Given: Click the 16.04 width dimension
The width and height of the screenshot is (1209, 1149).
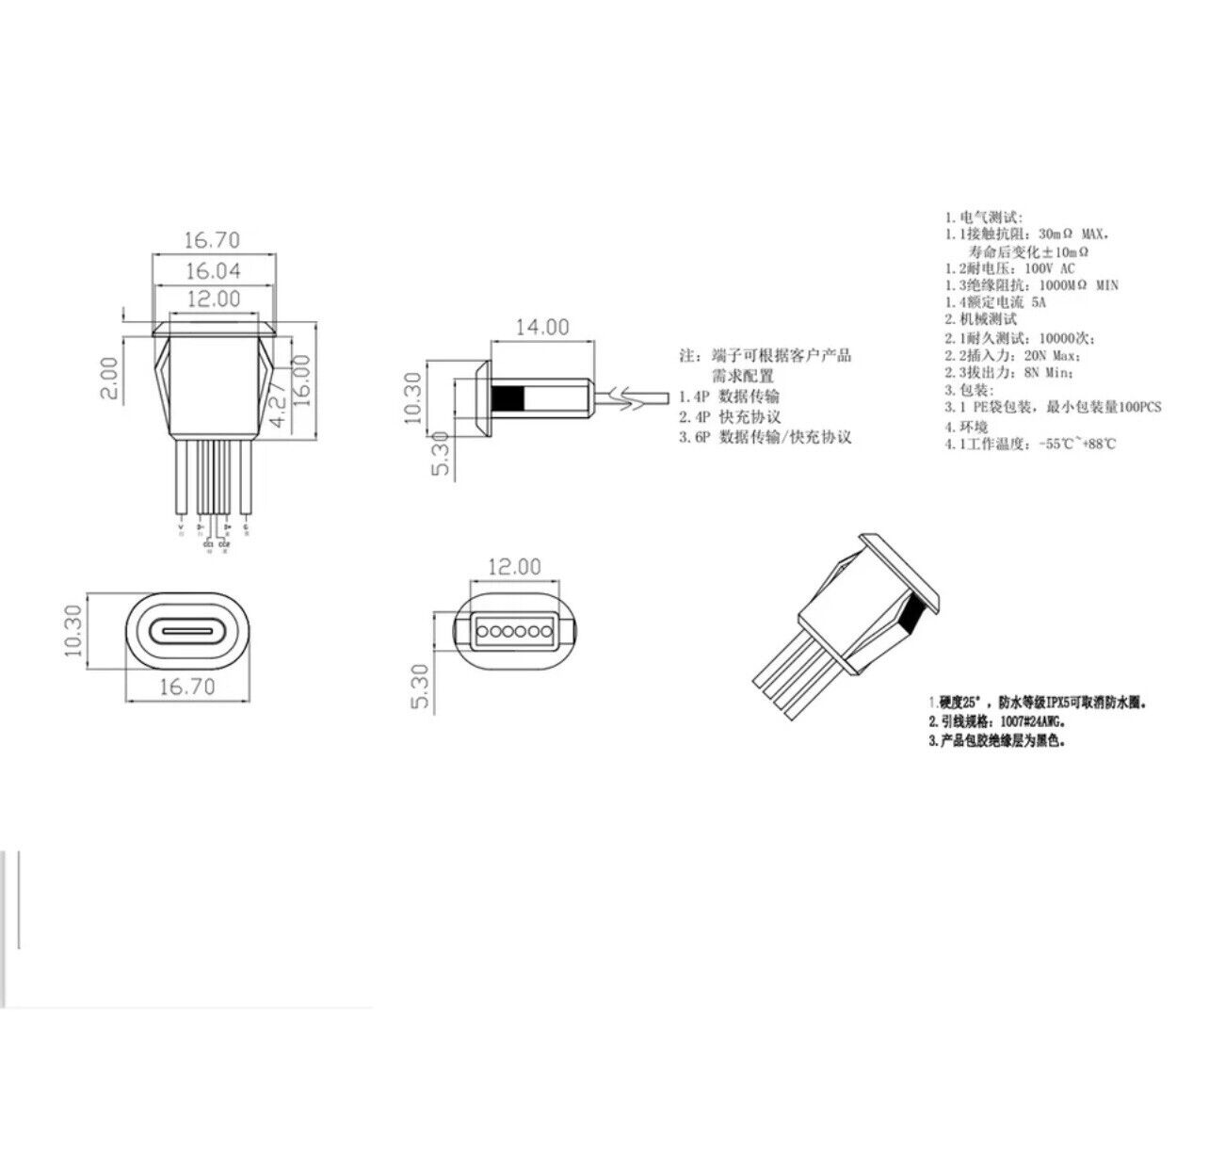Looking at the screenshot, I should [x=213, y=272].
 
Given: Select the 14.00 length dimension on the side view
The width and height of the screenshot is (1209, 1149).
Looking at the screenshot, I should [x=541, y=327].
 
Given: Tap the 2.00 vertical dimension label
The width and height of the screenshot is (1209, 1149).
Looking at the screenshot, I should [x=109, y=377].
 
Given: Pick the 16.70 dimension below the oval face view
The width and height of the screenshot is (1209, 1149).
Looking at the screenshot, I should [x=187, y=687].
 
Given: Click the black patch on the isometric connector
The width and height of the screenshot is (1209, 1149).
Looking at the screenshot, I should [x=909, y=617].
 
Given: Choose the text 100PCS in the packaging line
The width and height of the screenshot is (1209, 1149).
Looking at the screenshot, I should [x=1130, y=407].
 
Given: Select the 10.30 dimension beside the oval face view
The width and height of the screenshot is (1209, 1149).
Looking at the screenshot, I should [x=75, y=630].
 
